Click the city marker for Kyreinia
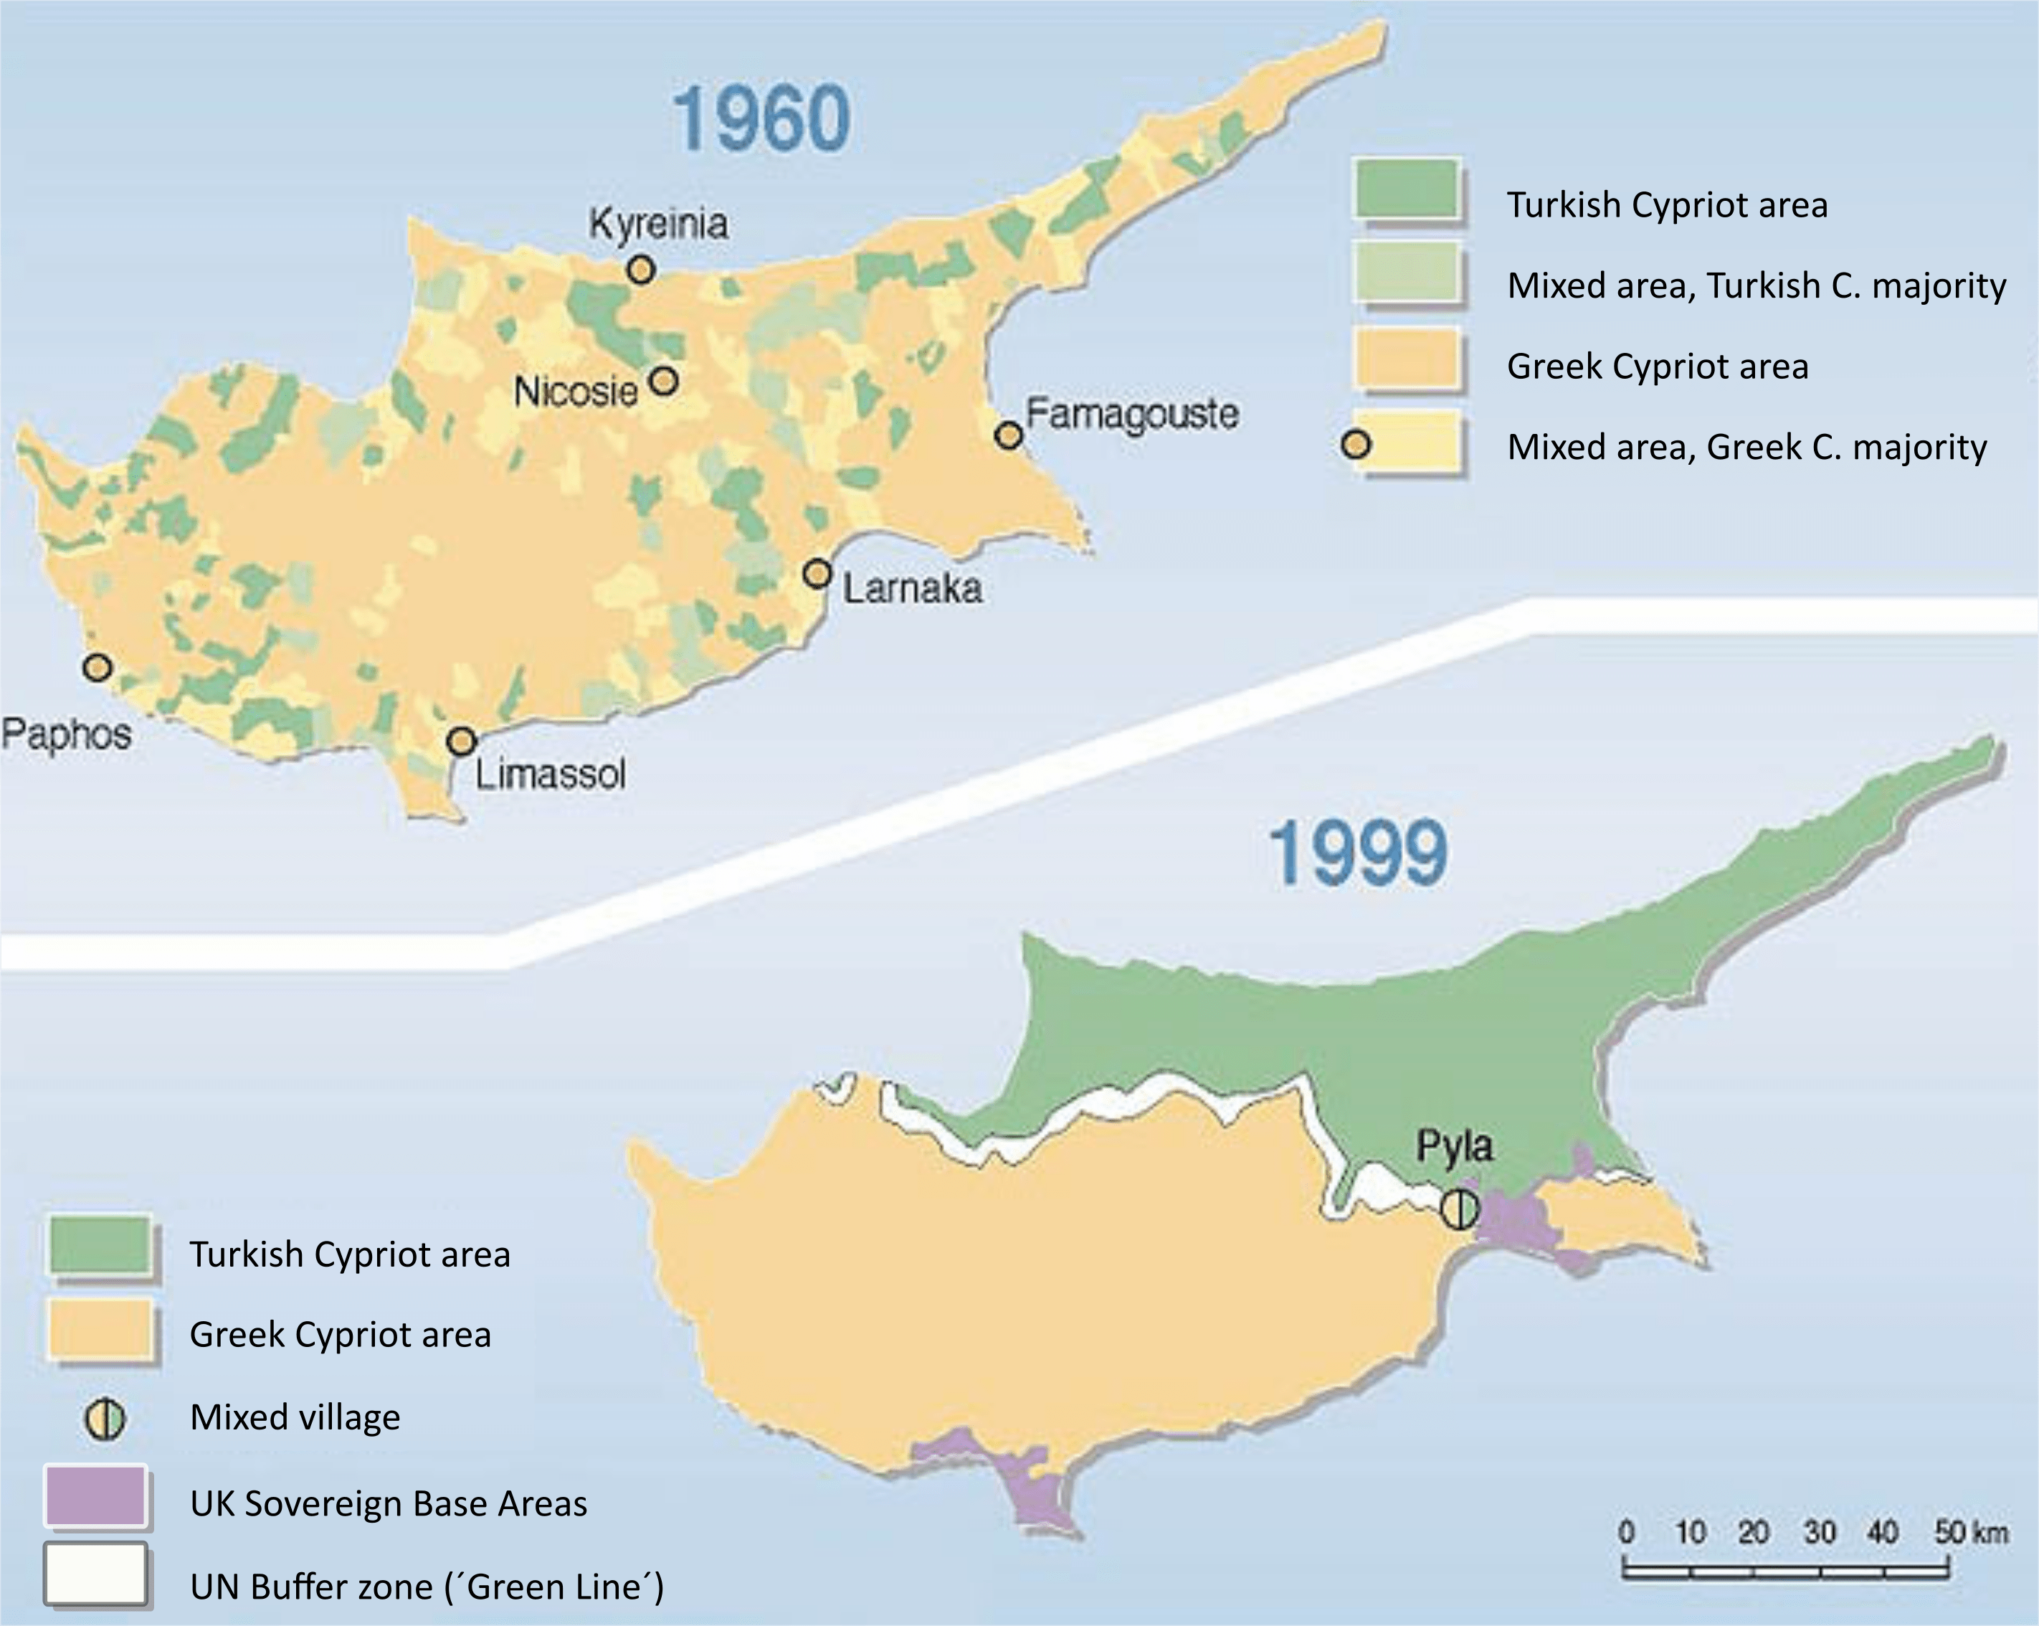coord(640,270)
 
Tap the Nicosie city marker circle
coord(665,381)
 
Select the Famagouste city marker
coord(1009,435)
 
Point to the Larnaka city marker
coord(817,573)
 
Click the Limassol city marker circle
coord(460,741)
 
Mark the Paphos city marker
coord(97,668)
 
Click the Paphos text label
coord(66,734)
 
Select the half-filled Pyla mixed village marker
coord(1458,1208)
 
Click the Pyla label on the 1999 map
coord(1455,1145)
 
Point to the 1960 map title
coord(761,118)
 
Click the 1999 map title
coord(1357,854)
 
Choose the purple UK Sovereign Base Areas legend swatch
coord(95,1496)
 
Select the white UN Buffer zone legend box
coord(95,1574)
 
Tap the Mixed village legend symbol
coord(104,1418)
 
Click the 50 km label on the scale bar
coord(1970,1531)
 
